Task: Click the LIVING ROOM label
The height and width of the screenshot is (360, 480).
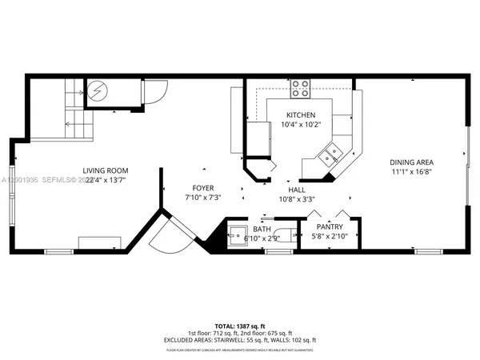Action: [x=106, y=170]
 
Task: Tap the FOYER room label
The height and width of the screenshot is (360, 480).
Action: [x=202, y=187]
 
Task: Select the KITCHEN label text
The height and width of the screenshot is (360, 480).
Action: [x=302, y=115]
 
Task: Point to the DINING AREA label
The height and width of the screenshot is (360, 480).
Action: [x=412, y=162]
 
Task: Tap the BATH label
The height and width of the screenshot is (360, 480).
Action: [x=262, y=229]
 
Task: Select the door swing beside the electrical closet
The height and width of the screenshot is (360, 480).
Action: [x=154, y=92]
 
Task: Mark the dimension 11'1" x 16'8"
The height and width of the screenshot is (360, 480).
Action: [x=412, y=171]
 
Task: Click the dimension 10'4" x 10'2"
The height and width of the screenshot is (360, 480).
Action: [x=302, y=125]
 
